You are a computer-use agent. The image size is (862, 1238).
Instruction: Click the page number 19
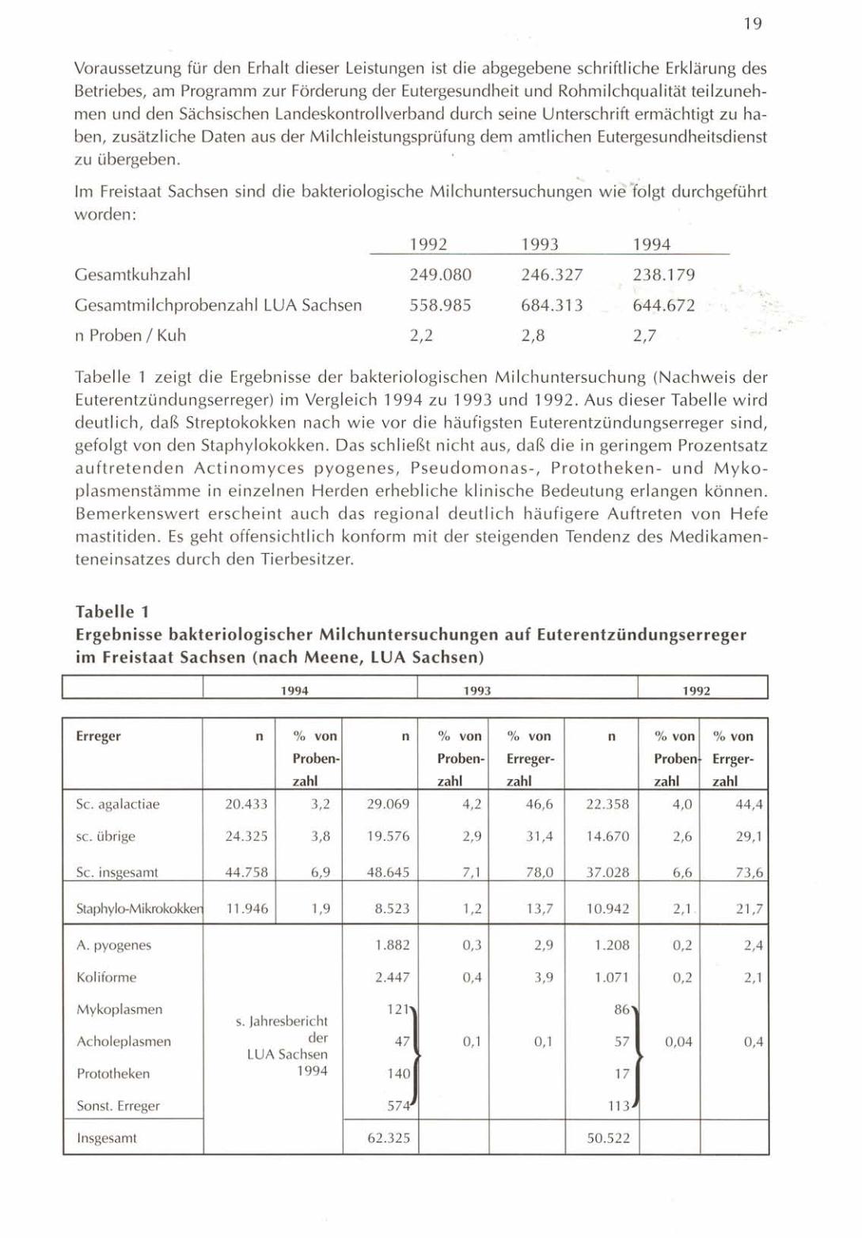[753, 25]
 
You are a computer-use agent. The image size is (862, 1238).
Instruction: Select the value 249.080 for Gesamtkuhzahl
[440, 275]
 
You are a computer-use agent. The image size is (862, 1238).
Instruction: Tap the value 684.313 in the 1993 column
[552, 305]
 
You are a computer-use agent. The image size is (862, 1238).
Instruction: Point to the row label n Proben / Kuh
[131, 335]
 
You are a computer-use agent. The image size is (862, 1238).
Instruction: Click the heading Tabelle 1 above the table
[112, 611]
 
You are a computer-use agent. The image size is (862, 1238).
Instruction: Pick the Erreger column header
[98, 736]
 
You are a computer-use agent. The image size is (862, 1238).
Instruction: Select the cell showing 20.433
[246, 805]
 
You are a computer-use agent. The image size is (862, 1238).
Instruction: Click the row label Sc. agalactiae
[117, 805]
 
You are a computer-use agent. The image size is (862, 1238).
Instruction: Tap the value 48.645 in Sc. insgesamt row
[389, 873]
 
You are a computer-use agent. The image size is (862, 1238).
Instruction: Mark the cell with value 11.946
[246, 909]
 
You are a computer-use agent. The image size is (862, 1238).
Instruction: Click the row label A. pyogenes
[113, 945]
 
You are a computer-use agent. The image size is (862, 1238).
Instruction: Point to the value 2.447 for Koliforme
[392, 978]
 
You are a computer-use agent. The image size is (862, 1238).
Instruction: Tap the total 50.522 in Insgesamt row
[608, 1139]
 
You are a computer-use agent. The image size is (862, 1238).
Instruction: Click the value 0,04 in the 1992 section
[678, 1042]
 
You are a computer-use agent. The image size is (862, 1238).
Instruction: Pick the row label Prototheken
[112, 1074]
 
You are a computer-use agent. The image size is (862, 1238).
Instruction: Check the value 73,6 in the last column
[749, 873]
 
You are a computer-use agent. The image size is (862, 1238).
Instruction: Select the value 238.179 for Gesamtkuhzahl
[663, 275]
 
